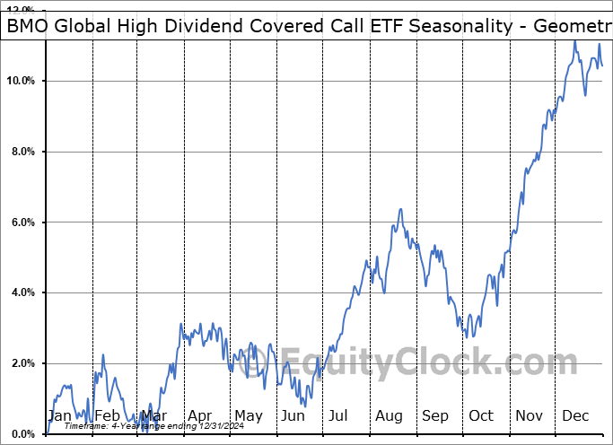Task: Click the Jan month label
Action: coord(59,415)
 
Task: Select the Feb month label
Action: coord(107,415)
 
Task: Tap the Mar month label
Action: coord(153,415)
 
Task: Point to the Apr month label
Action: coord(199,415)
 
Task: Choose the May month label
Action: coord(248,415)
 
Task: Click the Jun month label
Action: coord(293,415)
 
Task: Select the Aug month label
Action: coord(389,415)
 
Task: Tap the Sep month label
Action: coord(434,415)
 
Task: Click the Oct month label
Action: coord(481,415)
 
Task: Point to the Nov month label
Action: coord(529,415)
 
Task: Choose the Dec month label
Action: coord(575,415)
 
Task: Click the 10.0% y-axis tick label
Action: coord(21,81)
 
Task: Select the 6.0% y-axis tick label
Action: coord(21,222)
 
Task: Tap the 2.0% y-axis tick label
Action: coord(21,363)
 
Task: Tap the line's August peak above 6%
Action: coord(400,209)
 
